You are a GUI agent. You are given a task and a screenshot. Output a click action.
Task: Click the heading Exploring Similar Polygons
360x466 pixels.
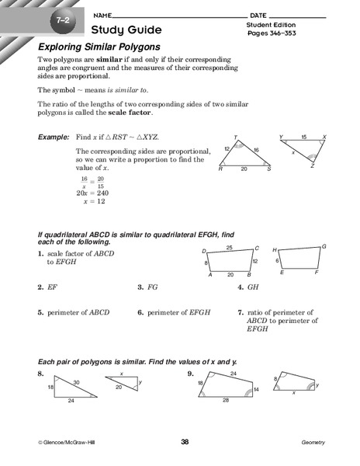99,47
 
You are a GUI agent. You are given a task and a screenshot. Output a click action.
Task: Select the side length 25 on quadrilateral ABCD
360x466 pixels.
229,247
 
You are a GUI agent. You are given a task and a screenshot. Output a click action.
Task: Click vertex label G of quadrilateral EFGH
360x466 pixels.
323,246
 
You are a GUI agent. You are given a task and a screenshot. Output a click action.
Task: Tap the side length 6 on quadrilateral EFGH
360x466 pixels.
276,261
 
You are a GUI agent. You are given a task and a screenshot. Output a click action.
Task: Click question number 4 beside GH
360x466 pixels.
241,287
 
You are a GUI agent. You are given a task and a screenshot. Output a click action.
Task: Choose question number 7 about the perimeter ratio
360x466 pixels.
241,313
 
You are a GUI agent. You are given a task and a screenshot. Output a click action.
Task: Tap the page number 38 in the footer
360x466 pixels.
185,442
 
